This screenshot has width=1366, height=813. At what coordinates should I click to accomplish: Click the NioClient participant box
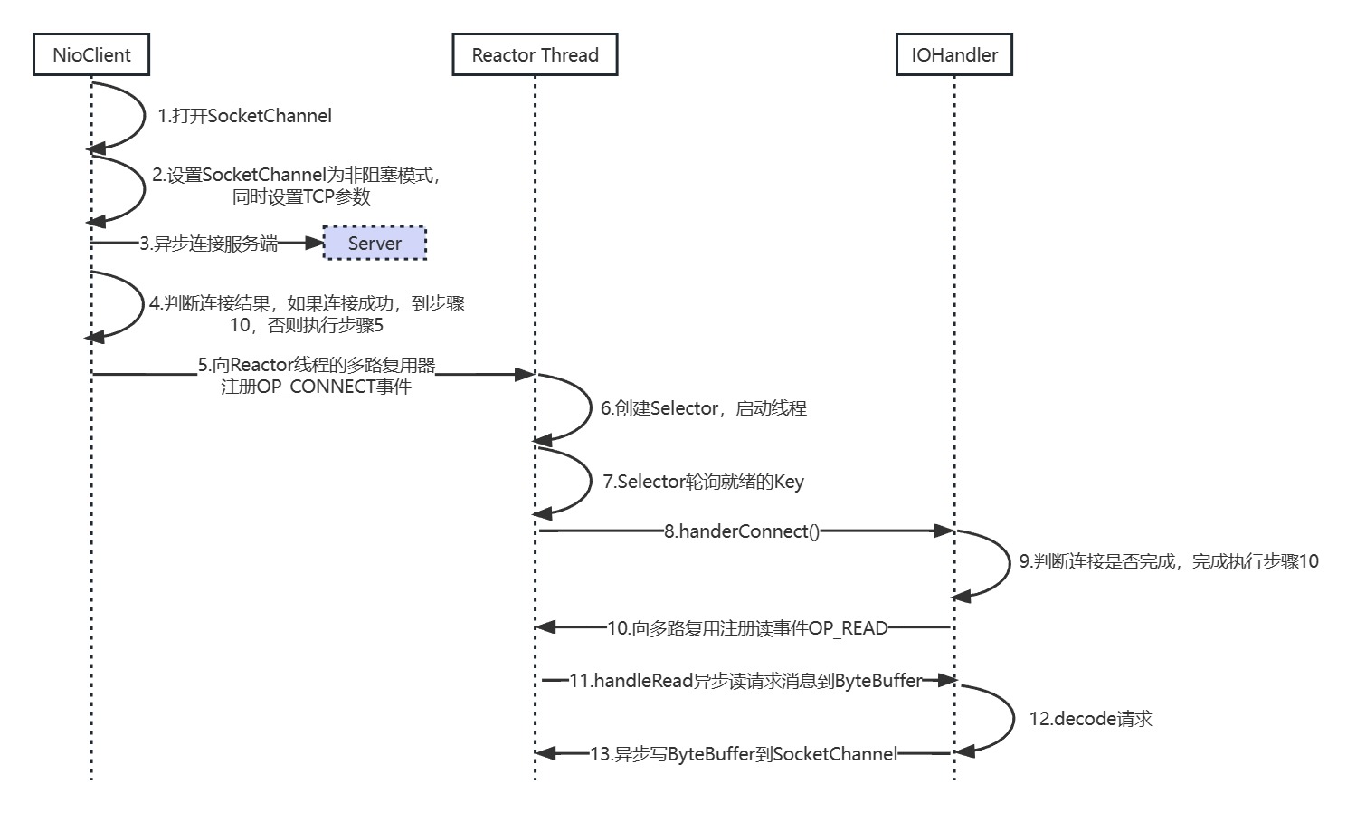point(91,54)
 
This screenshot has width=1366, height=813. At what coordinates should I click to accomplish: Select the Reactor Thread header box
point(535,54)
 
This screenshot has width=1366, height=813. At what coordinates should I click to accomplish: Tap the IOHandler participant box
point(954,54)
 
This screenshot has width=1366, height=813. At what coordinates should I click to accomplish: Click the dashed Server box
point(375,244)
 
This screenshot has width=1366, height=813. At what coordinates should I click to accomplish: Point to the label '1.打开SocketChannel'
point(244,116)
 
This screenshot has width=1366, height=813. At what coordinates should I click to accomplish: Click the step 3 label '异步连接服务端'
point(209,244)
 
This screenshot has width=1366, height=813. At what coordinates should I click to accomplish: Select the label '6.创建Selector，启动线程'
point(704,408)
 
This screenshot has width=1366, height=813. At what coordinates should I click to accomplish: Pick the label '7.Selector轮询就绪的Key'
point(704,482)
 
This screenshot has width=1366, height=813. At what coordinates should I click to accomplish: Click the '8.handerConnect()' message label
point(742,531)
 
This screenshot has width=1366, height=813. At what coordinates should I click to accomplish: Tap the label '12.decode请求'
point(1090,719)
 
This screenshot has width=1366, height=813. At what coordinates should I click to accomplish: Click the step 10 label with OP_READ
point(747,628)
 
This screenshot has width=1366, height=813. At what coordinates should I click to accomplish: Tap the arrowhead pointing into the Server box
point(315,243)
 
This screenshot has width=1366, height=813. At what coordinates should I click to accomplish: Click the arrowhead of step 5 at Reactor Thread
point(525,374)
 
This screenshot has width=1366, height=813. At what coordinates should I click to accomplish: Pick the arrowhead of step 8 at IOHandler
point(944,531)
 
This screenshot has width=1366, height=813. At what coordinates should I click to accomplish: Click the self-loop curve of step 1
point(143,115)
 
